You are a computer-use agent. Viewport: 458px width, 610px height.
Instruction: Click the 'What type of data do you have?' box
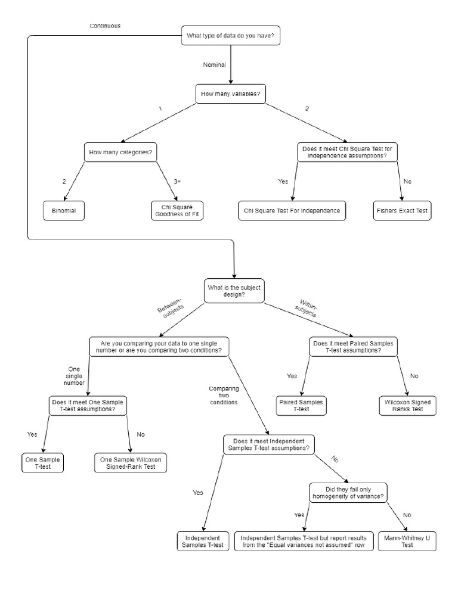click(x=231, y=36)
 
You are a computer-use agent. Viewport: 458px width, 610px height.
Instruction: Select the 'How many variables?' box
click(x=231, y=94)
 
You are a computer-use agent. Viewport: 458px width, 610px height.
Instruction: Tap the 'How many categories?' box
click(x=119, y=152)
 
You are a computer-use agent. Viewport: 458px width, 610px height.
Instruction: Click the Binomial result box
click(x=64, y=210)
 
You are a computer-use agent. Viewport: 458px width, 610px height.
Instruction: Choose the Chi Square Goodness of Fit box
click(x=177, y=210)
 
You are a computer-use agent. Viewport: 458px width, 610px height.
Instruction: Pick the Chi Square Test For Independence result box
click(x=292, y=210)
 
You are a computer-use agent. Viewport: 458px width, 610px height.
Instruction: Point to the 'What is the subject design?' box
click(x=233, y=291)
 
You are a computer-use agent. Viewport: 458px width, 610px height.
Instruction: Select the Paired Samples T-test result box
click(x=301, y=406)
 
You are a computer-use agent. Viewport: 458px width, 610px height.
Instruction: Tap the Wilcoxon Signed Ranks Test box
click(x=409, y=406)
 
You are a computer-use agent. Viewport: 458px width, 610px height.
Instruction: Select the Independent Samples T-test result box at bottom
click(x=203, y=541)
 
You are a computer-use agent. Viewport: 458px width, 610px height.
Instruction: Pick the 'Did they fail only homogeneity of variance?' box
click(x=348, y=492)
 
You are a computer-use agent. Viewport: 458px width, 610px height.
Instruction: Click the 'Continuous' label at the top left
click(x=105, y=26)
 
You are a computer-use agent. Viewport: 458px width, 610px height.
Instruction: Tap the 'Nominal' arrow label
click(x=215, y=64)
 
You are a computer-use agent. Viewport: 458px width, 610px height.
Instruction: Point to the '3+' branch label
click(x=177, y=181)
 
